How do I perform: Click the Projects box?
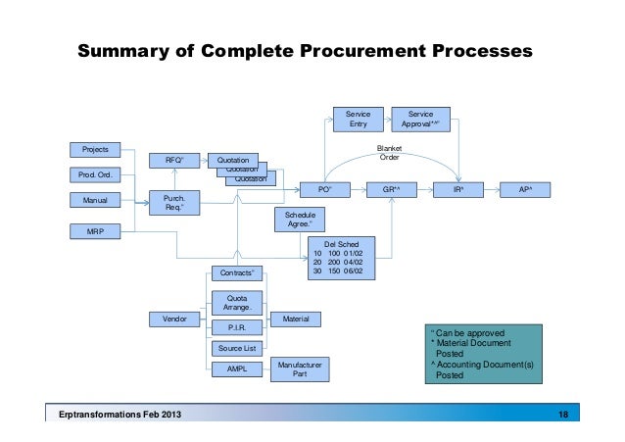point(94,150)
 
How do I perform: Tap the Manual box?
point(94,201)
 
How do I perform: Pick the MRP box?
point(94,231)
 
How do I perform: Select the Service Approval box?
point(420,119)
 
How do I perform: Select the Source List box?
point(236,348)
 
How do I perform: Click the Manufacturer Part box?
point(299,368)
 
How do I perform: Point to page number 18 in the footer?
point(562,417)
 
